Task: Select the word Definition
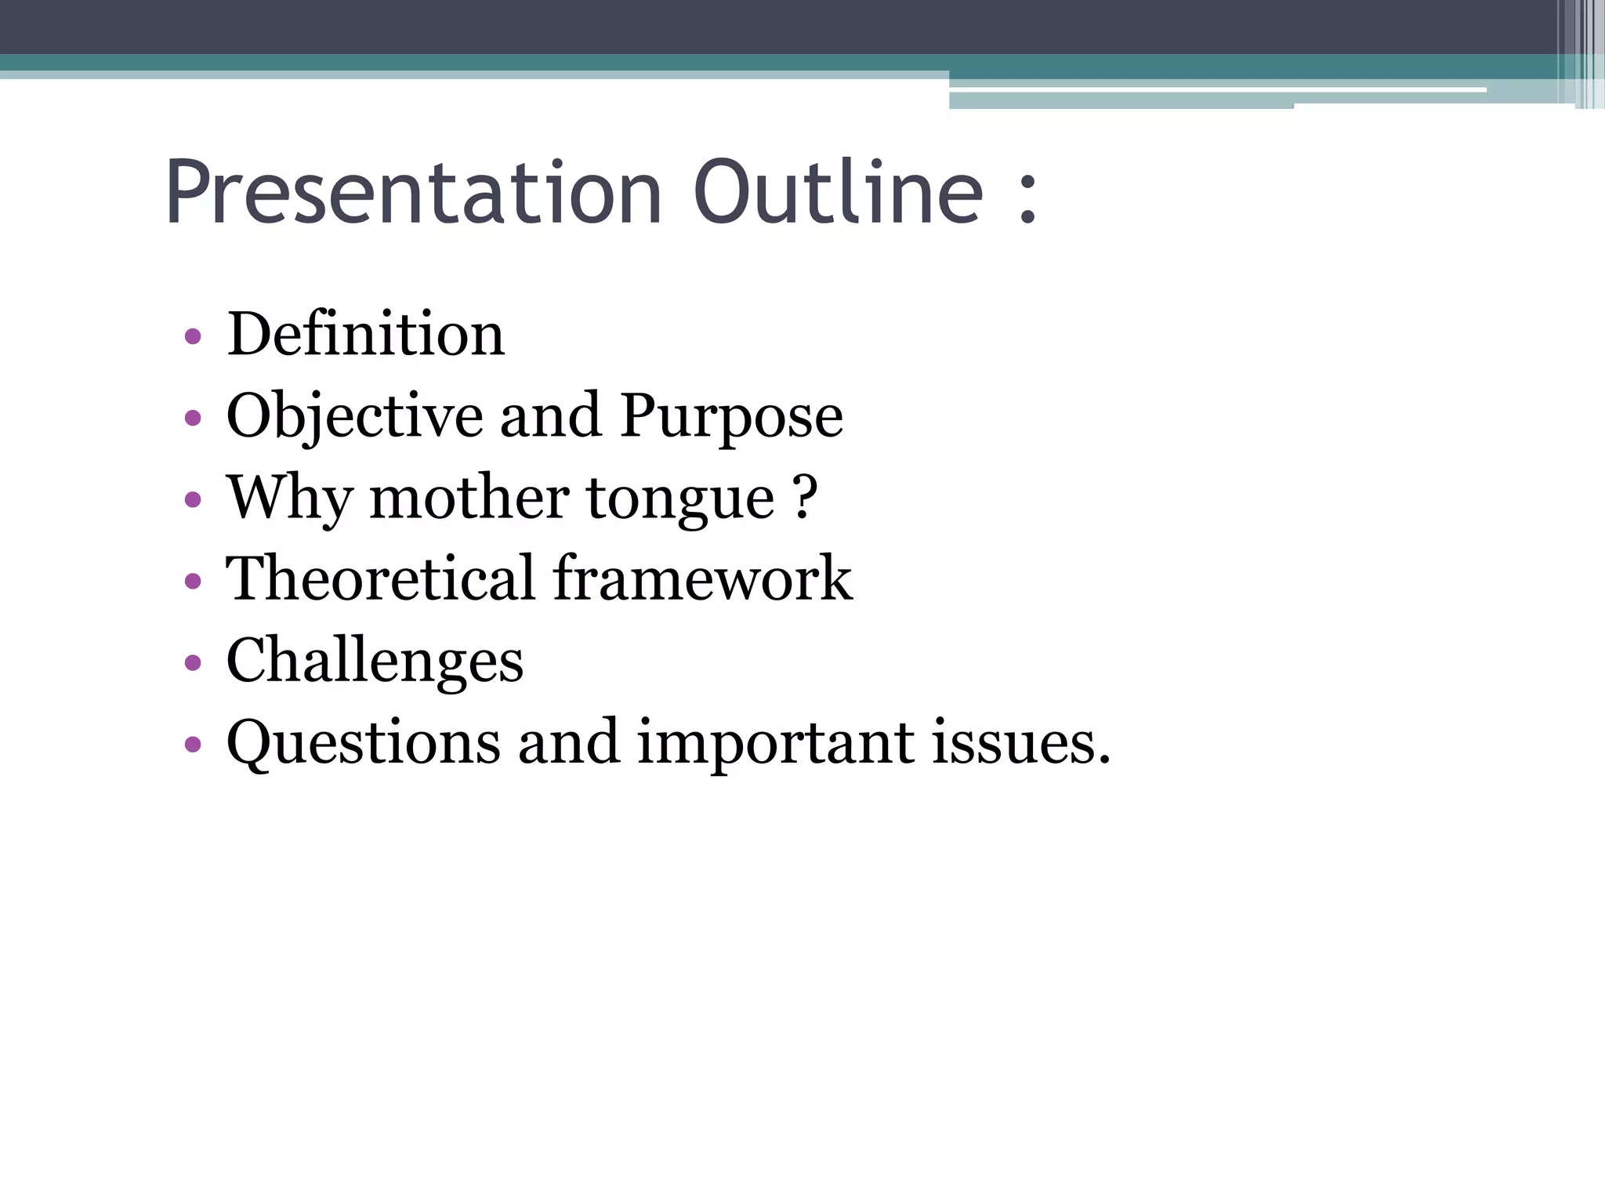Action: click(365, 335)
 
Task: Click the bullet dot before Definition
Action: click(193, 338)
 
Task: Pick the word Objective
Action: click(354, 417)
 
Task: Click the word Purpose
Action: click(731, 417)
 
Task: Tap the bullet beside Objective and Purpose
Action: click(193, 419)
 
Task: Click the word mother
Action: click(469, 499)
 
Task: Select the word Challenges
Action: click(375, 662)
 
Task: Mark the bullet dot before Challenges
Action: click(193, 663)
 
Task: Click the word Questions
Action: click(363, 742)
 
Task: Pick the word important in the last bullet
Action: click(775, 744)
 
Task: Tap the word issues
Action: click(1020, 742)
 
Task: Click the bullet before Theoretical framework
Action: click(193, 582)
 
